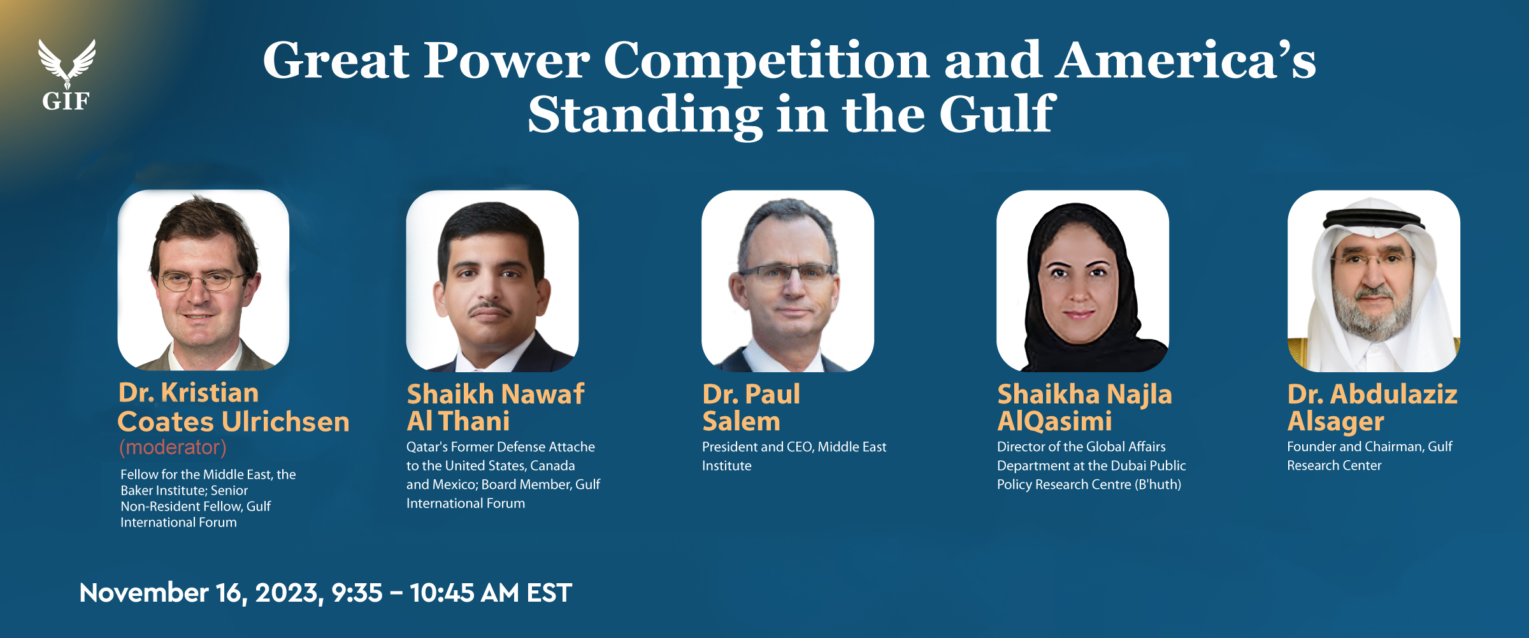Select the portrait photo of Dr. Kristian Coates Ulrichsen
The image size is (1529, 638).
click(203, 280)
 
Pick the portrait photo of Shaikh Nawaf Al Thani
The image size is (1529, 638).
click(492, 281)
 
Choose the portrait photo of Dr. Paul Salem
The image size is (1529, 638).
click(787, 281)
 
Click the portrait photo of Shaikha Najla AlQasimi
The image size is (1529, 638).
click(1082, 281)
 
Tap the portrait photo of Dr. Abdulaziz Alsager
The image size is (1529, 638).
click(1374, 281)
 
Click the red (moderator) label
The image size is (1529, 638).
click(173, 447)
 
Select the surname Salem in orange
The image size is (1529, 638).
click(741, 421)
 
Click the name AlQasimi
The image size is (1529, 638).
click(1054, 422)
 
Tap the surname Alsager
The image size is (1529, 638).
click(1335, 422)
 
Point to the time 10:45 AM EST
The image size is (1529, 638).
click(491, 593)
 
